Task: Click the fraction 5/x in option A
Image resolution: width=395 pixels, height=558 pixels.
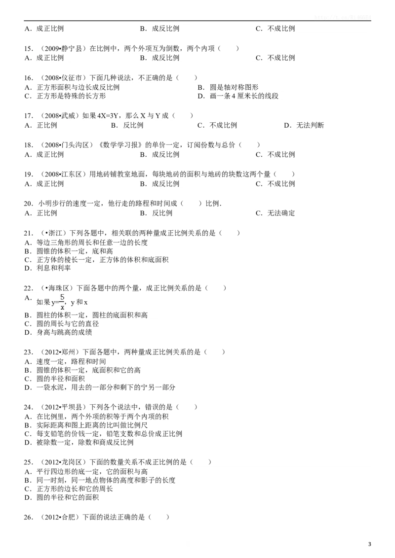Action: [63, 302]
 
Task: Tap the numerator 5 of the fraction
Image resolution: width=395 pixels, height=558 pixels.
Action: [63, 298]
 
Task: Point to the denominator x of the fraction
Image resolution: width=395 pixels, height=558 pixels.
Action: [63, 307]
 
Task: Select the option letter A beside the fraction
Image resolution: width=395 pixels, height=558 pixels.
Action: [27, 297]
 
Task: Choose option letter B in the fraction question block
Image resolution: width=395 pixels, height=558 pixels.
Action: [28, 315]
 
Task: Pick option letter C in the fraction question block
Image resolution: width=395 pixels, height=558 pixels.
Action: [28, 324]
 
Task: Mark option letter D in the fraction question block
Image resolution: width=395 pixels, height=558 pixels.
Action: [28, 332]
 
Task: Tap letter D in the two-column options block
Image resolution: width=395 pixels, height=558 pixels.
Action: [201, 96]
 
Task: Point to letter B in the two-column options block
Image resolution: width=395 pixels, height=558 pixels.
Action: [201, 87]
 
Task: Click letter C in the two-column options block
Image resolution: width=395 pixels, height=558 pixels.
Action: [28, 96]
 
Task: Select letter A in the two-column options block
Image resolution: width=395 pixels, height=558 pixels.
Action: [28, 87]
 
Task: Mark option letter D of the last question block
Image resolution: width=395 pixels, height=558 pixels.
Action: [28, 498]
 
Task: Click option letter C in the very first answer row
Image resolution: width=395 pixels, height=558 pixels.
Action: [259, 29]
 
